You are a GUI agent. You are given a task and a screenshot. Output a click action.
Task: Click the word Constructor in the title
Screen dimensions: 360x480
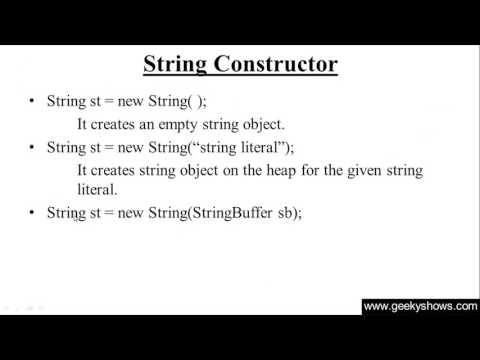tap(275, 65)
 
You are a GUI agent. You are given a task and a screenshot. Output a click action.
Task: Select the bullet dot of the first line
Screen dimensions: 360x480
tap(33, 102)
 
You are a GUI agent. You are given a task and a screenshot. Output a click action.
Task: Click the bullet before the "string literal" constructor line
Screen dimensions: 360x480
tap(33, 147)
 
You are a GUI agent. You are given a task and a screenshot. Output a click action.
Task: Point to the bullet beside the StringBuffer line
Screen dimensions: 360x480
tap(33, 213)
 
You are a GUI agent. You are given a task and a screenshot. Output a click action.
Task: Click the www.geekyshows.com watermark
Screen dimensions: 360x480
tap(420, 307)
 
